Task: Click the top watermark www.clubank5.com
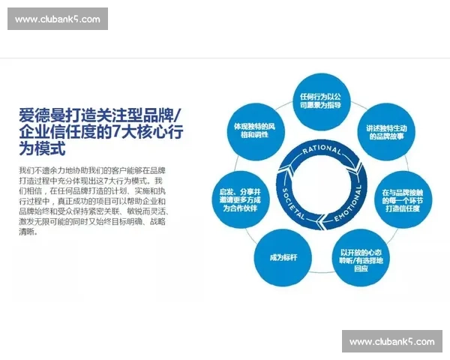click(57, 19)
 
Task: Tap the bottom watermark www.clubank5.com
click(392, 341)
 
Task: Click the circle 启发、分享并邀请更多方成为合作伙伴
click(241, 198)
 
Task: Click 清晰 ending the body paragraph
click(28, 231)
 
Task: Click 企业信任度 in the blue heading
click(56, 133)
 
